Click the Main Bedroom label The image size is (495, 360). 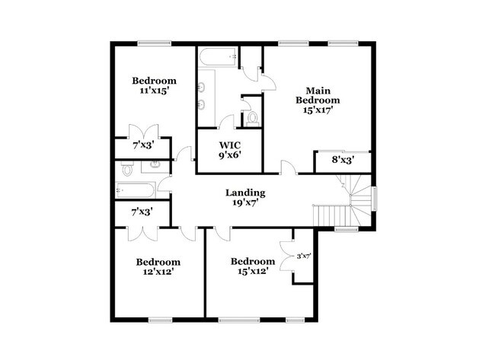(318, 94)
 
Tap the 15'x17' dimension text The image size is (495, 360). (318, 110)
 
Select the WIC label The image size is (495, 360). (230, 145)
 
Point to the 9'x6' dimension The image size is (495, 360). (230, 156)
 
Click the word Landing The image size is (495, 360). (245, 193)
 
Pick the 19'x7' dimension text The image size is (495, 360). (245, 203)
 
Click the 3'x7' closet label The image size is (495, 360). (303, 256)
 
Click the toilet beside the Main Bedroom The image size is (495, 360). (252, 118)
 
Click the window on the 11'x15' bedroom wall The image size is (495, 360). (155, 43)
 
